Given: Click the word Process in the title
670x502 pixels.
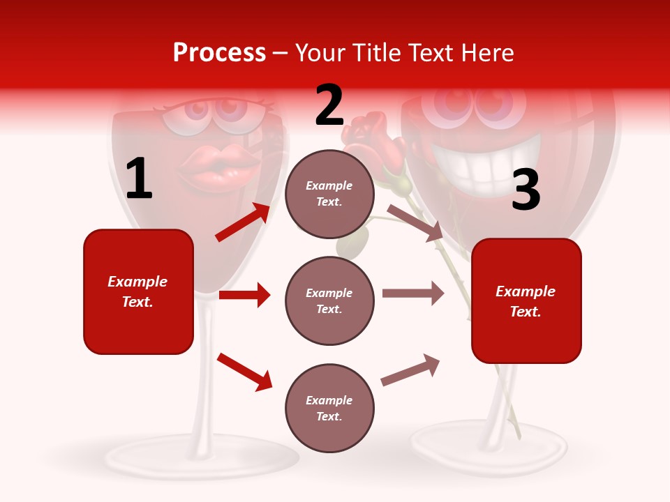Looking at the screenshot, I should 219,53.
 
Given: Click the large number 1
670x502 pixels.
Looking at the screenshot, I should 139,179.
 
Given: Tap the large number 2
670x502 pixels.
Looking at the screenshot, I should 329,105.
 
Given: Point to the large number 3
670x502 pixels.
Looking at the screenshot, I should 526,190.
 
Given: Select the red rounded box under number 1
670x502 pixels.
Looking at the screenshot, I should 138,291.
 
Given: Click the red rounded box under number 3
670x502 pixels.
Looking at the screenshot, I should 526,301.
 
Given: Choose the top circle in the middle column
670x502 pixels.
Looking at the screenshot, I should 329,194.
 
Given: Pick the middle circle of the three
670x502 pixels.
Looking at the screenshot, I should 329,301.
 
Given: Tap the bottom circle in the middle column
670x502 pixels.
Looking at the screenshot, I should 329,408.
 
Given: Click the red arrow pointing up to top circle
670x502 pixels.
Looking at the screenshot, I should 242,222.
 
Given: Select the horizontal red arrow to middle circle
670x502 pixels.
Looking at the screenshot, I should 244,295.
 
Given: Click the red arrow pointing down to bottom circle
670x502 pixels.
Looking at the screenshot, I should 244,372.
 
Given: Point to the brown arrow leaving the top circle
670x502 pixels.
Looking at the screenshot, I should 415,222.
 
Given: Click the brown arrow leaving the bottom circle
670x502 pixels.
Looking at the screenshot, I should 410,370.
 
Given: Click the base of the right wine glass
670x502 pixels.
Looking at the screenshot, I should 489,450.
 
